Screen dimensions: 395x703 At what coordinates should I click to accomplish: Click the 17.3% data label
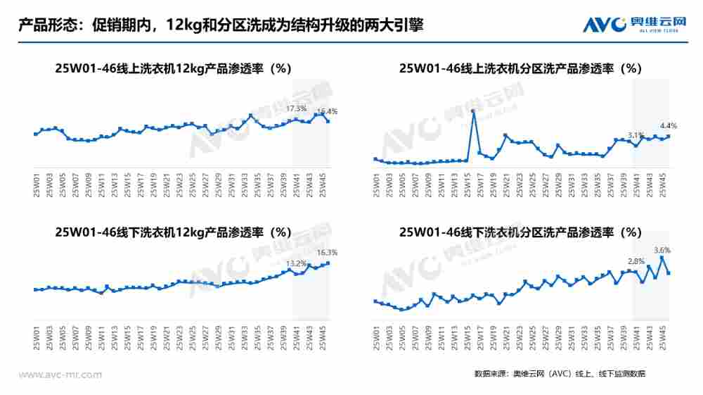point(297,108)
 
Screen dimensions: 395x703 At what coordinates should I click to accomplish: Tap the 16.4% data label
point(328,111)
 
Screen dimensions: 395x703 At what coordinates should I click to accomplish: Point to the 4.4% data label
point(668,125)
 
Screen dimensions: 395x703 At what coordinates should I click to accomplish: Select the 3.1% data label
point(636,134)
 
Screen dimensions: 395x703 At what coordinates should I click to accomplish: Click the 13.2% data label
point(296,263)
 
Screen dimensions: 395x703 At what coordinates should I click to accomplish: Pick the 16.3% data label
point(328,252)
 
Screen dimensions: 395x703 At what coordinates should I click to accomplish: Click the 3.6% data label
point(662,250)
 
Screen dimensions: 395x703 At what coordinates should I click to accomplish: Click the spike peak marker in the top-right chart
point(473,111)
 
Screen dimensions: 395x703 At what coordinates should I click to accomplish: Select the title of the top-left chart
point(173,68)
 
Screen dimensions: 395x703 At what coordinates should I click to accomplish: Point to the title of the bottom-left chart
point(173,232)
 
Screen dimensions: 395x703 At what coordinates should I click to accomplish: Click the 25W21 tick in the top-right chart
point(506,184)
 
